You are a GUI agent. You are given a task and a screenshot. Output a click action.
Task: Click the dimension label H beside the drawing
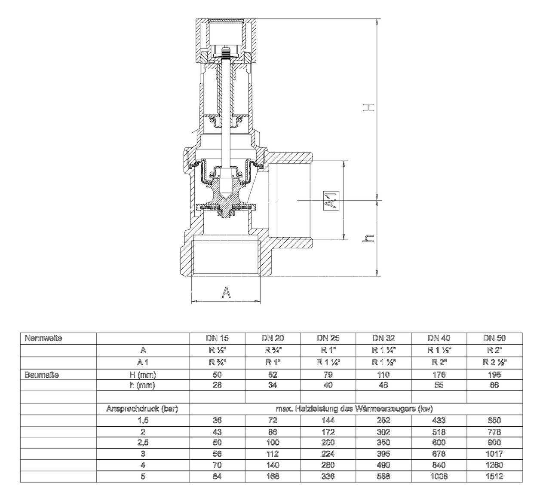[368, 108]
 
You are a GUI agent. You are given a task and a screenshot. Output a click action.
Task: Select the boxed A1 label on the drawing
[331, 201]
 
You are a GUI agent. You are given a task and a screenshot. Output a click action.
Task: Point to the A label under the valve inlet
[226, 292]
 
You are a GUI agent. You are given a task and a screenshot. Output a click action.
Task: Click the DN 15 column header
[218, 338]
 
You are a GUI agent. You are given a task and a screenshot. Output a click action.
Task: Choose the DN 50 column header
[494, 338]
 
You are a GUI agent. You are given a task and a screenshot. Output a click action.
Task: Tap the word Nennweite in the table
[43, 338]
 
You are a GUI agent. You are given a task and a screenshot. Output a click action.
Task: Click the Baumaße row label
[42, 375]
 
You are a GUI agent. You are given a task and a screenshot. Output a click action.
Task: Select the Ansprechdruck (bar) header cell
[142, 409]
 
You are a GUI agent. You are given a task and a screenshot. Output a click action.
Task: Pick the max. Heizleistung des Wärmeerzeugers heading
[354, 409]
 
